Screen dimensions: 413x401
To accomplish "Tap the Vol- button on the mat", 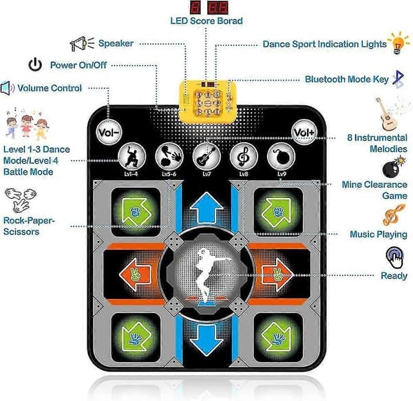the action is tap(109, 132).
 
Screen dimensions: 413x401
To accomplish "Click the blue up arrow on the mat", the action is tap(206, 207).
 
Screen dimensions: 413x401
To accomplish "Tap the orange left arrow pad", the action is tap(135, 274).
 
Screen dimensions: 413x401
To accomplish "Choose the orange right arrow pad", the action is tap(277, 274).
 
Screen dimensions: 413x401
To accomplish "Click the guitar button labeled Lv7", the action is tap(206, 157).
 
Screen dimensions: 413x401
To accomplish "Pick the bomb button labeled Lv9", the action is tap(281, 157).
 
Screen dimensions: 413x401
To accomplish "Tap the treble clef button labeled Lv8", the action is tap(244, 157).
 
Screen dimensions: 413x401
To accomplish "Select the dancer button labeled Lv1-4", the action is tap(131, 157).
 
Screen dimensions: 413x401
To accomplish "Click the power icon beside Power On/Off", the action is tap(35, 65).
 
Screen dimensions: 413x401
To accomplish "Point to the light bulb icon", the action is tap(399, 43).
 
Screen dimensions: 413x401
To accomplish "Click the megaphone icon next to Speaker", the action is tap(82, 44).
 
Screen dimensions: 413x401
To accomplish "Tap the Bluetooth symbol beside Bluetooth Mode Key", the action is tap(399, 79).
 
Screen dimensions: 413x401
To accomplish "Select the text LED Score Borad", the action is tap(206, 21).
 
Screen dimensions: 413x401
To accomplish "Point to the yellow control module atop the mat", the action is tap(208, 102).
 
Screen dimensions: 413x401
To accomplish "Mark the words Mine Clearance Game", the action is tap(374, 190).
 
